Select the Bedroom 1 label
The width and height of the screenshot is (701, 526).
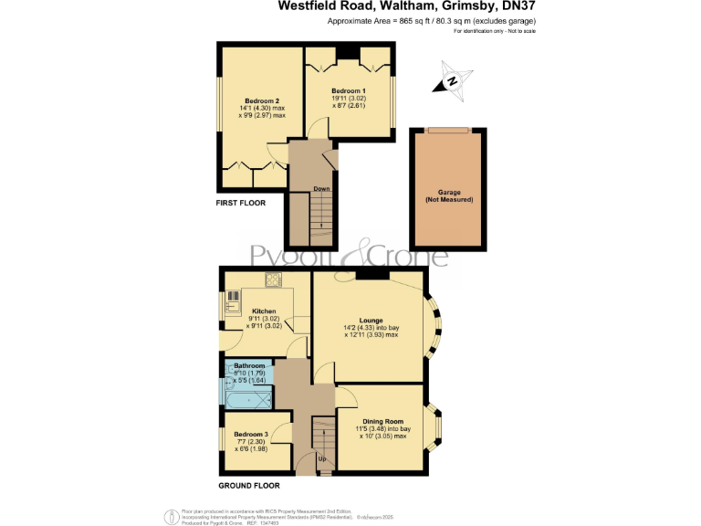click(x=349, y=91)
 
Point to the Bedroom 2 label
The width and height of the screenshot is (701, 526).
click(x=262, y=100)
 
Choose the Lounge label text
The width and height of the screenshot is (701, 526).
click(x=371, y=321)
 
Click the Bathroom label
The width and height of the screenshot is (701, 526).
click(x=249, y=365)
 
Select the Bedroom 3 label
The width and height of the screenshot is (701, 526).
click(x=249, y=435)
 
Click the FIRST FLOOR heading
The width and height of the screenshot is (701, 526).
click(x=240, y=203)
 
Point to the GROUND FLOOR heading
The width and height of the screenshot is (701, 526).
click(x=247, y=485)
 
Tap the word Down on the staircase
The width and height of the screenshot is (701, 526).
click(x=321, y=189)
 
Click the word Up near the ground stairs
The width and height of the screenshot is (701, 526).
click(x=321, y=458)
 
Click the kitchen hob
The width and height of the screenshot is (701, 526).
click(x=272, y=279)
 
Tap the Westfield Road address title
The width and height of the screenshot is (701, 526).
click(x=405, y=6)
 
